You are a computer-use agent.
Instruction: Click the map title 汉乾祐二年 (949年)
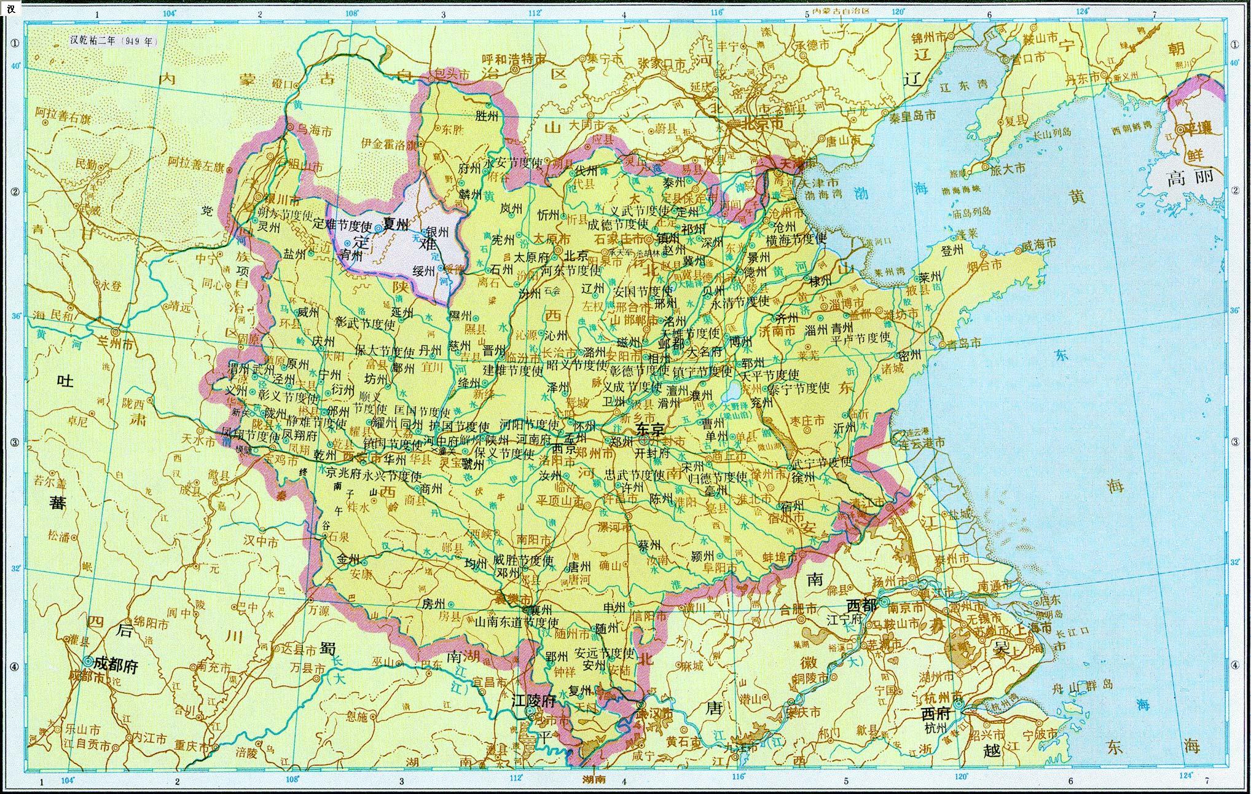(114, 41)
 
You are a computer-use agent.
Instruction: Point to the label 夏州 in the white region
(395, 225)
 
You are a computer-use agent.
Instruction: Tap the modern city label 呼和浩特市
(514, 60)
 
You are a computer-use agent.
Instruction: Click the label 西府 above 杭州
(935, 714)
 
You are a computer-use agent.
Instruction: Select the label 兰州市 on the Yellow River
(119, 345)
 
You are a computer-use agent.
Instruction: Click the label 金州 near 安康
(348, 560)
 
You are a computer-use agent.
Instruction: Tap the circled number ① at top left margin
(14, 44)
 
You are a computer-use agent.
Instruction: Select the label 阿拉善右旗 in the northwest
(63, 114)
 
